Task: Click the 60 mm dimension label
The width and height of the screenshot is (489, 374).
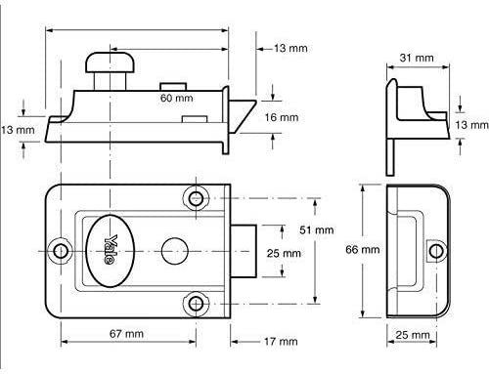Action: coord(176,98)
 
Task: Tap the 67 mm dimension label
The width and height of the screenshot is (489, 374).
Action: coord(126,334)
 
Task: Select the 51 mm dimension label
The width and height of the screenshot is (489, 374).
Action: coord(317,230)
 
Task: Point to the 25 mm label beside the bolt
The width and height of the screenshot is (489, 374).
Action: coord(284,253)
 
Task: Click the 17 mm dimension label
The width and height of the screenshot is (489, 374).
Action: coord(281,342)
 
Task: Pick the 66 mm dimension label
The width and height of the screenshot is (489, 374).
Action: coord(363,250)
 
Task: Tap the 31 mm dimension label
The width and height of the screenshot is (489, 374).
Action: coord(417,58)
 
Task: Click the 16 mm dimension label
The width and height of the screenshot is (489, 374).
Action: coord(282,117)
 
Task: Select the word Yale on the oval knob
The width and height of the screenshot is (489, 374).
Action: coord(111,249)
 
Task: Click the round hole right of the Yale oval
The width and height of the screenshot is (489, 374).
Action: coord(175,251)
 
